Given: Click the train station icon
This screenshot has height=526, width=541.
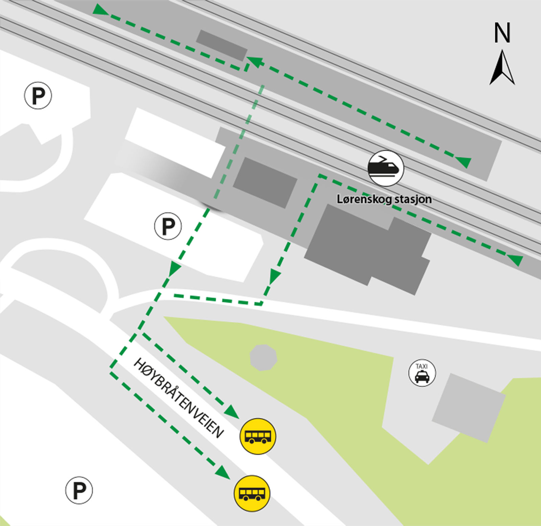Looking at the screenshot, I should click(385, 168).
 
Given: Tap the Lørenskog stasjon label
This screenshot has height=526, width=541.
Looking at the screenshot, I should click(384, 199).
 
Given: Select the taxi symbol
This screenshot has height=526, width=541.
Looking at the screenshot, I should click(422, 373).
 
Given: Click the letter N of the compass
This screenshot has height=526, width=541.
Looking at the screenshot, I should click(502, 33).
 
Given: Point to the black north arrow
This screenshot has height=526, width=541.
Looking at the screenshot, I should click(502, 68).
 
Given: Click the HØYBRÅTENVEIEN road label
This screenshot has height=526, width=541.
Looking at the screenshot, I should click(179, 398).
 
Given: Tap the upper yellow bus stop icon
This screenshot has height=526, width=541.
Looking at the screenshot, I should click(258, 436).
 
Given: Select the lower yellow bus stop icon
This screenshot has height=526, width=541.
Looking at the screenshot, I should click(252, 493).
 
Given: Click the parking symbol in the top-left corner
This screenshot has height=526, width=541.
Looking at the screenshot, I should click(38, 96).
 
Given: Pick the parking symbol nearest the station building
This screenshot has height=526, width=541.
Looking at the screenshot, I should click(168, 226).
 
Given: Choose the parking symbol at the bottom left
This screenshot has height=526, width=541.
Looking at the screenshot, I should click(79, 490).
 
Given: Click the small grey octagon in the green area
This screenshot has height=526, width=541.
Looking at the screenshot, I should click(263, 357).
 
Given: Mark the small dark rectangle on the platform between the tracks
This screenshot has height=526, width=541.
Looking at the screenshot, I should click(221, 45).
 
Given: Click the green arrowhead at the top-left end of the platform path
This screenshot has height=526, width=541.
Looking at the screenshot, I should click(100, 10).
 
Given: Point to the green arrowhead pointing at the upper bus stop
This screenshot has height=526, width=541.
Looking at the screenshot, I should click(232, 412).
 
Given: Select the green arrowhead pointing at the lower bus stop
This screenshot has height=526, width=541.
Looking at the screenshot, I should click(223, 472).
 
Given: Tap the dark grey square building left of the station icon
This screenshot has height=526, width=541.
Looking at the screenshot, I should click(265, 182).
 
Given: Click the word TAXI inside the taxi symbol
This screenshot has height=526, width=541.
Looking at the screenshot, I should click(422, 366).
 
